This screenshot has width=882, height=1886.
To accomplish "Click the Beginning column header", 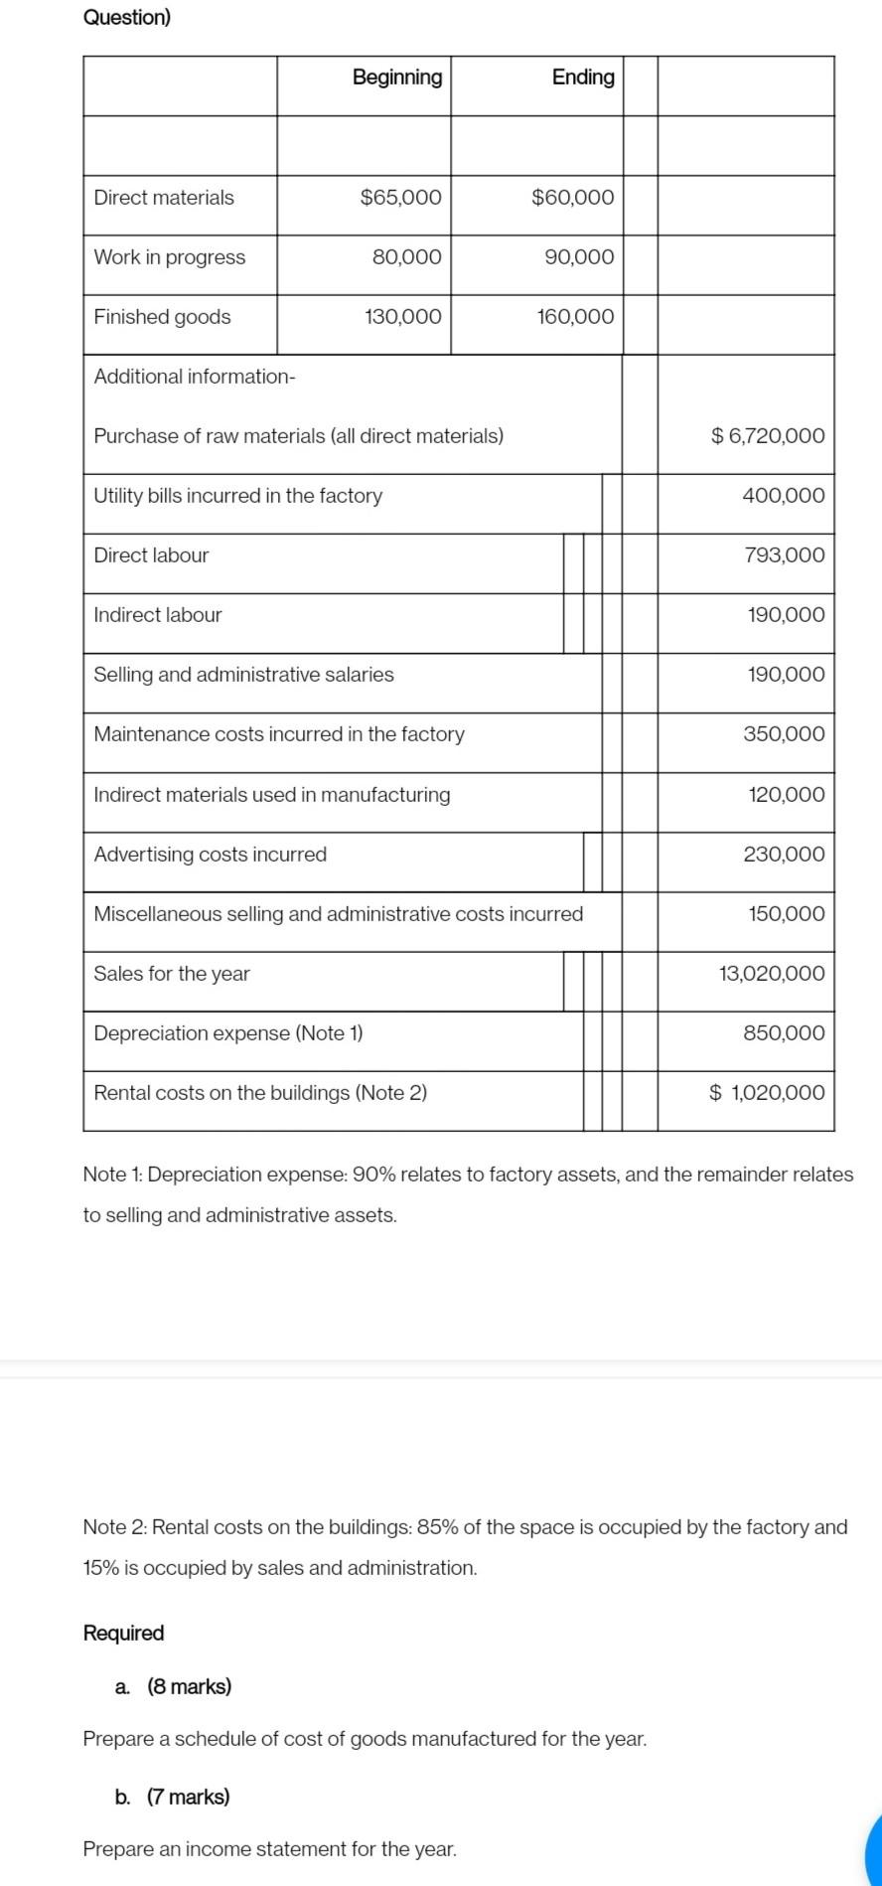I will (x=397, y=78).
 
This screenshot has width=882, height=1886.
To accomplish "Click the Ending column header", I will (x=583, y=78).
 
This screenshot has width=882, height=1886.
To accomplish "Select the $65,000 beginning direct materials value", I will (x=400, y=197).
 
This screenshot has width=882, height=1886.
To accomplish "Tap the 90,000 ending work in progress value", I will (x=579, y=256).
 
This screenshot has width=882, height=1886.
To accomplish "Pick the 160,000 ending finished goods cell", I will (x=575, y=317).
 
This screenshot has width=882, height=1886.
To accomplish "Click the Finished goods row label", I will (x=162, y=317).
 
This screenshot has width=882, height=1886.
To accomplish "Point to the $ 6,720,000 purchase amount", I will (x=768, y=435).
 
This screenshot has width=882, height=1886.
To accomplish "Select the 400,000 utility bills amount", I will (x=783, y=495).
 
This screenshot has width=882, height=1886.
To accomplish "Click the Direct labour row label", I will (x=151, y=555).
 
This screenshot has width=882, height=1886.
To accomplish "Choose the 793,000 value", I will (x=784, y=555).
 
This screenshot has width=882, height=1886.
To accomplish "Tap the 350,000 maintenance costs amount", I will (x=784, y=734).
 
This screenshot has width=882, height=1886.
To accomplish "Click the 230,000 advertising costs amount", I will (x=784, y=855).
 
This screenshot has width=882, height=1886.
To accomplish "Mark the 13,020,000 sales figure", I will (x=772, y=974).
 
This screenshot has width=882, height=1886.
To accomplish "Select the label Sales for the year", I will (x=172, y=974).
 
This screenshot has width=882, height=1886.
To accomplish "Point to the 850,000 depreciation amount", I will (x=784, y=1033).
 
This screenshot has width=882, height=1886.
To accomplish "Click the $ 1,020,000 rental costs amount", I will (x=767, y=1093).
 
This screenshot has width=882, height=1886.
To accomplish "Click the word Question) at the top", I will (x=127, y=17).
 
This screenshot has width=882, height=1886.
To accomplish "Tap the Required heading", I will (x=123, y=1633).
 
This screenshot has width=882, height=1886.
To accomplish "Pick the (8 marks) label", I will (x=189, y=1686).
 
